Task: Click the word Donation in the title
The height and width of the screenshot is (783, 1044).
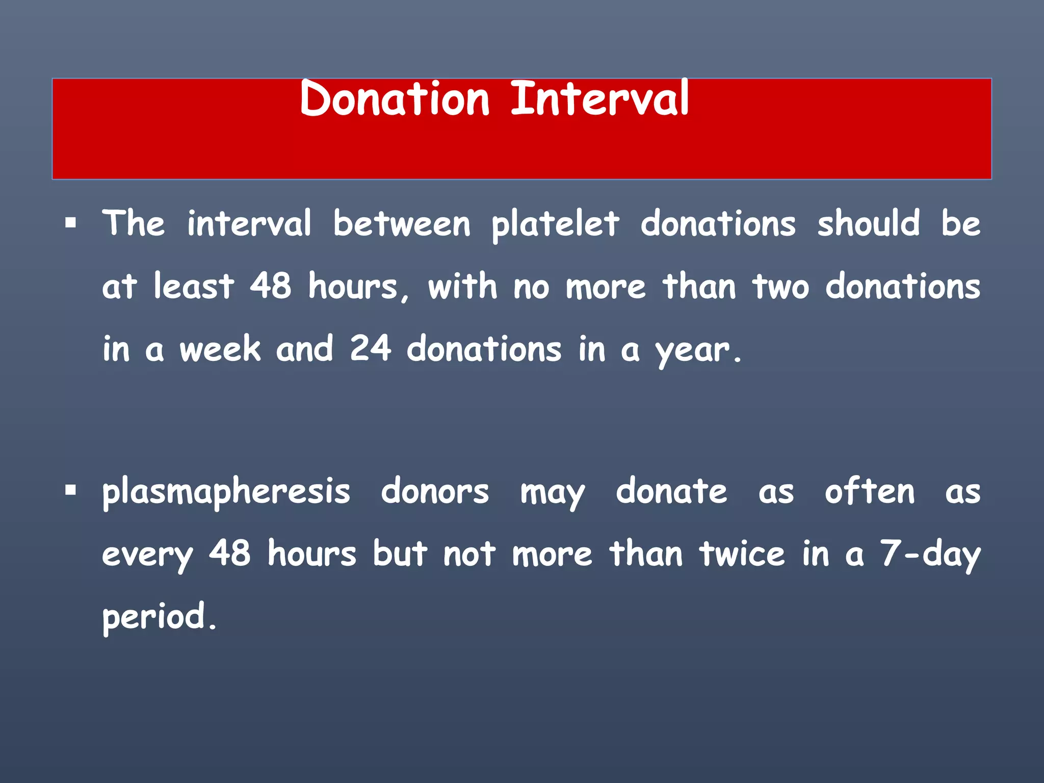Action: [x=395, y=98]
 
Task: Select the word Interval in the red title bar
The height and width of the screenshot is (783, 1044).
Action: [x=600, y=98]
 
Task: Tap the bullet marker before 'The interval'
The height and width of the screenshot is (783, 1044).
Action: [x=71, y=223]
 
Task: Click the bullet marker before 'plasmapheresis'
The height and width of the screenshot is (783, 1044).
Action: [x=71, y=491]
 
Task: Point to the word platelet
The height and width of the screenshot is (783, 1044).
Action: [x=555, y=224]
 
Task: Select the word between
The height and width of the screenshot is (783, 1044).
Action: [x=402, y=224]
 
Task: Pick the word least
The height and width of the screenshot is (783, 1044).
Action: [x=194, y=286]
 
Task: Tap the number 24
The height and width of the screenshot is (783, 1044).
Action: [x=371, y=349]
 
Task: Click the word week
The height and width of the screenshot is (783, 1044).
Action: [x=220, y=349]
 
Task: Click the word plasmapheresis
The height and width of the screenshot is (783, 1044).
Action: [x=226, y=492]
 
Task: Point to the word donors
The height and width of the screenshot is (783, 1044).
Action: [x=435, y=492]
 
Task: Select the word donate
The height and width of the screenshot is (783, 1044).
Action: [x=671, y=491]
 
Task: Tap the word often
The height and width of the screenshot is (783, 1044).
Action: [x=870, y=491]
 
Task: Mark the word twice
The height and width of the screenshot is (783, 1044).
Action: [x=742, y=554]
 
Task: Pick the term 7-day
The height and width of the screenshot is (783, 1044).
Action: [x=930, y=555]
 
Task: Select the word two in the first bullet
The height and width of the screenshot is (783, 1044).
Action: [x=780, y=286]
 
